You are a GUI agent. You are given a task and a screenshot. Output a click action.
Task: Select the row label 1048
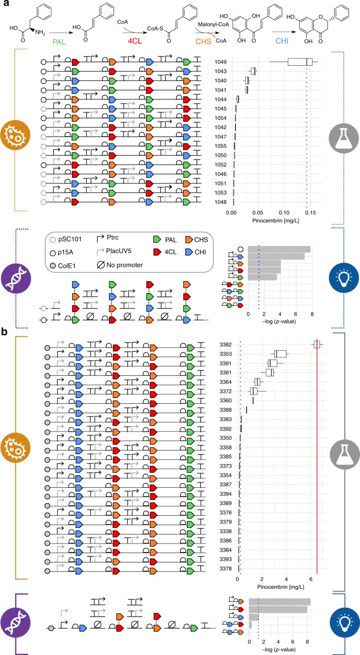(221, 201)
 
